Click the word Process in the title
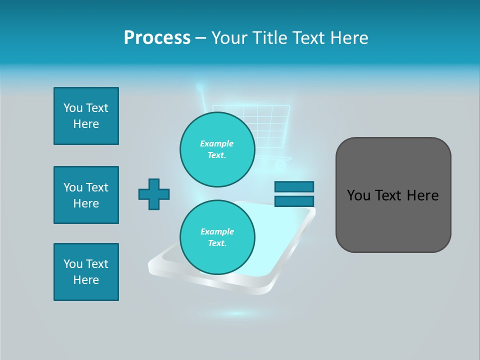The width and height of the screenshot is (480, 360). pyautogui.click(x=157, y=38)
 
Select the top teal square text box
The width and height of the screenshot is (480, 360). pyautogui.click(x=86, y=116)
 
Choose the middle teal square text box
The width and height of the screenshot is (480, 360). pyautogui.click(x=86, y=195)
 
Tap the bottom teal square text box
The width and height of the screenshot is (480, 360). pyautogui.click(x=86, y=272)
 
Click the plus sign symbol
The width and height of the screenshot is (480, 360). pyautogui.click(x=154, y=194)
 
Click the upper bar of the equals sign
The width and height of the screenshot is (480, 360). pyautogui.click(x=294, y=186)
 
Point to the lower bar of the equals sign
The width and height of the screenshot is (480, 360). pyautogui.click(x=294, y=201)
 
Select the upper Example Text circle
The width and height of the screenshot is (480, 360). pyautogui.click(x=217, y=149)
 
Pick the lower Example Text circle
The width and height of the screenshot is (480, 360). pyautogui.click(x=217, y=237)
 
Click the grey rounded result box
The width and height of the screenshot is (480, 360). pyautogui.click(x=393, y=195)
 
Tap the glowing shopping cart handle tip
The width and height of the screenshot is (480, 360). pyautogui.click(x=199, y=87)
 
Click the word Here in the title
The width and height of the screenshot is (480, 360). pyautogui.click(x=350, y=38)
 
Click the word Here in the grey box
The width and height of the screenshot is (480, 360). pyautogui.click(x=422, y=195)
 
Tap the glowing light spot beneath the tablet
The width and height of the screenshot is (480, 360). pyautogui.click(x=237, y=313)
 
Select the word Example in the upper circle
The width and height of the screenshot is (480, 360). pyautogui.click(x=217, y=143)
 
